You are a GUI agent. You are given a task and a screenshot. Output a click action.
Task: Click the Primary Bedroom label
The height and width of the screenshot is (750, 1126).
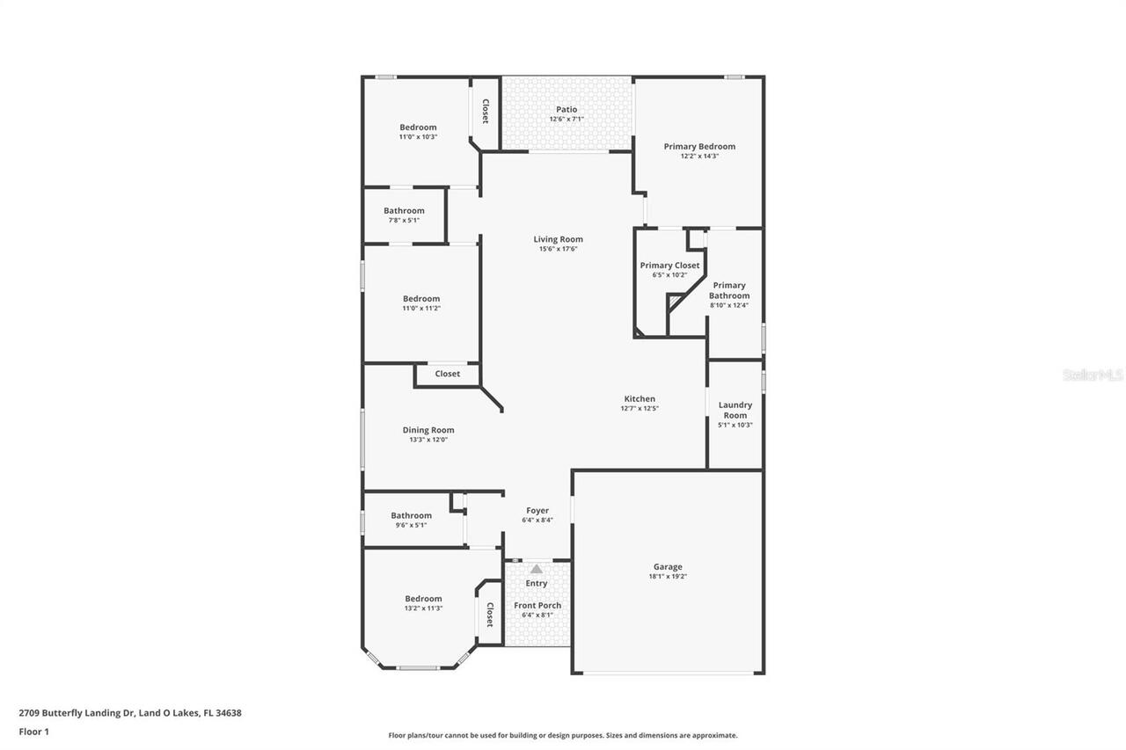pyautogui.click(x=699, y=146)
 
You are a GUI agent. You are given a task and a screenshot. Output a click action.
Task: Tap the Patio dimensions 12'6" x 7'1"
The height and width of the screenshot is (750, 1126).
pyautogui.click(x=567, y=119)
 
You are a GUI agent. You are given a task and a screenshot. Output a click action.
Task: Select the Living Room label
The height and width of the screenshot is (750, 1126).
pyautogui.click(x=558, y=239)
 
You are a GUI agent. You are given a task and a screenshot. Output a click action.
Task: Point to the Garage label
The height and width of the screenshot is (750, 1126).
pyautogui.click(x=668, y=567)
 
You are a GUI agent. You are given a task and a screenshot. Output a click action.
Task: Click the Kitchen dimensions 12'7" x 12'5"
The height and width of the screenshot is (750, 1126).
pyautogui.click(x=640, y=408)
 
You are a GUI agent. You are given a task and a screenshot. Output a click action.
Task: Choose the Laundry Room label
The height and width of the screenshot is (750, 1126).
pyautogui.click(x=735, y=410)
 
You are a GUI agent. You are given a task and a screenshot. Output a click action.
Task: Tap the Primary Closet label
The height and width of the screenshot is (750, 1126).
pyautogui.click(x=669, y=265)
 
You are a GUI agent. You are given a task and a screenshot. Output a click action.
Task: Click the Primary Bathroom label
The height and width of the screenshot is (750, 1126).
pyautogui.click(x=729, y=290)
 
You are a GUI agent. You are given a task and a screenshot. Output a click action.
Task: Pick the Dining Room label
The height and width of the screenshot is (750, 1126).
pyautogui.click(x=428, y=430)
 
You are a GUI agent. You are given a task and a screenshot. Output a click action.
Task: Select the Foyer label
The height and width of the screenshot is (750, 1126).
pyautogui.click(x=537, y=510)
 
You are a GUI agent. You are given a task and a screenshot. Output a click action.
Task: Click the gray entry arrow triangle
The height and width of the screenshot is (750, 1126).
pyautogui.click(x=537, y=569)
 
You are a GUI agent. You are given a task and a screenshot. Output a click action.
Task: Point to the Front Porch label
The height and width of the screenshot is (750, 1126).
pyautogui.click(x=537, y=605)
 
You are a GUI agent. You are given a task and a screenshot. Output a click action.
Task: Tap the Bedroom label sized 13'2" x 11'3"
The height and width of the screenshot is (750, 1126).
pyautogui.click(x=423, y=599)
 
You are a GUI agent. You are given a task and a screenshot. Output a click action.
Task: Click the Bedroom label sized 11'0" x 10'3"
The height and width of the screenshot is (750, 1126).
pyautogui.click(x=418, y=127)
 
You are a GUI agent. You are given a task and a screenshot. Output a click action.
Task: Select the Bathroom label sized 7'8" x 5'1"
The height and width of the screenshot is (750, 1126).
pyautogui.click(x=404, y=210)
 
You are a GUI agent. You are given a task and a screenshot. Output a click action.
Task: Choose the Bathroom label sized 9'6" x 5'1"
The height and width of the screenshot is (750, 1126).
pyautogui.click(x=411, y=515)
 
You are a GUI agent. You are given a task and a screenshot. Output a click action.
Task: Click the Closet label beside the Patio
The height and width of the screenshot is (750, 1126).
pyautogui.click(x=486, y=111)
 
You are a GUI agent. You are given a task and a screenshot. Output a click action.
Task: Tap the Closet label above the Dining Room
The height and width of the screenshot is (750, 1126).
pyautogui.click(x=447, y=374)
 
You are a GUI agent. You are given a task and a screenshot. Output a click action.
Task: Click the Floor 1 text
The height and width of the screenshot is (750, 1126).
pyautogui.click(x=34, y=731)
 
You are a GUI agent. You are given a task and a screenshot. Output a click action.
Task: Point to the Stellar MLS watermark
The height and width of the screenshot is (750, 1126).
pyautogui.click(x=1093, y=375)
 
